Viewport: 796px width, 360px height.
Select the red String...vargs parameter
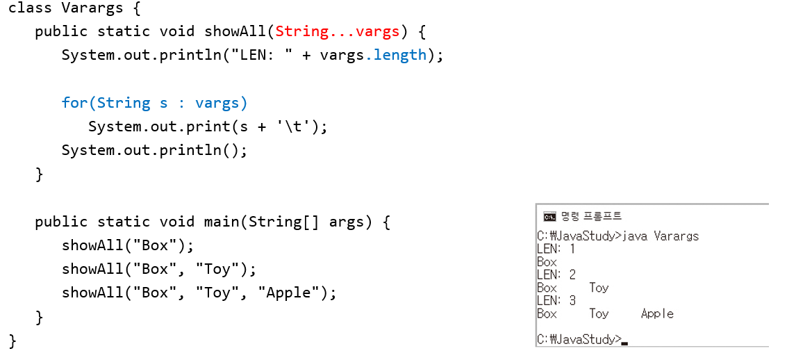pyautogui.click(x=338, y=31)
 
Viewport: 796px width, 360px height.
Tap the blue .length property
pyautogui.click(x=397, y=55)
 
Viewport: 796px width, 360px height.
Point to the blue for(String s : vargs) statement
pyautogui.click(x=154, y=103)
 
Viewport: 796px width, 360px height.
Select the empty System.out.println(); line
pyautogui.click(x=154, y=150)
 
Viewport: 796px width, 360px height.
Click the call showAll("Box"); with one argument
pyautogui.click(x=128, y=245)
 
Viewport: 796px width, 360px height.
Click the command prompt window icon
pyautogui.click(x=549, y=216)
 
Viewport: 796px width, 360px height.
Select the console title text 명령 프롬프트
pyautogui.click(x=591, y=216)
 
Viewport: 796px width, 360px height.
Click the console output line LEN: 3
pyautogui.click(x=556, y=301)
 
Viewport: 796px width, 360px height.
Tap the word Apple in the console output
pyautogui.click(x=657, y=314)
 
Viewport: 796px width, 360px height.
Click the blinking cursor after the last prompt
pyautogui.click(x=625, y=343)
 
